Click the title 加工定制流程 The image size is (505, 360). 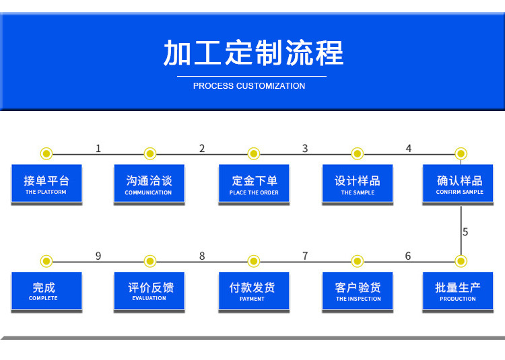tap(253, 52)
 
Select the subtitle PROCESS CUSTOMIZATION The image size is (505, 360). tap(249, 86)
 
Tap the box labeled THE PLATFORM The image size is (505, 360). tap(46, 184)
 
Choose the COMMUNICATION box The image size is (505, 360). tap(149, 184)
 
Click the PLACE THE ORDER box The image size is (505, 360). tap(254, 184)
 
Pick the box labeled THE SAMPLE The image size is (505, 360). tap(358, 184)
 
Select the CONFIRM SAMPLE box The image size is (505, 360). tap(458, 184)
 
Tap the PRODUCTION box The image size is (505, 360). tap(458, 291)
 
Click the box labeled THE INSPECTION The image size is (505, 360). tap(358, 291)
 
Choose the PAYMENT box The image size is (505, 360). tap(254, 291)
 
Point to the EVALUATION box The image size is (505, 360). tap(149, 291)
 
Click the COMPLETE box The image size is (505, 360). tap(46, 291)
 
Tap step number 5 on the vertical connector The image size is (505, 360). tap(465, 232)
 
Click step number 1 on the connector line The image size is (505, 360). tap(98, 148)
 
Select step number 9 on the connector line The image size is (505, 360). tap(98, 256)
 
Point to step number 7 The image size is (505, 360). tap(305, 256)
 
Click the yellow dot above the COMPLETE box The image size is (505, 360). tap(46, 261)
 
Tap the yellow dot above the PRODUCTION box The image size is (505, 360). tap(461, 261)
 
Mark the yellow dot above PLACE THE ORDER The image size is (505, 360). tap(254, 154)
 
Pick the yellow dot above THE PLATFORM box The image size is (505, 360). tap(46, 154)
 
